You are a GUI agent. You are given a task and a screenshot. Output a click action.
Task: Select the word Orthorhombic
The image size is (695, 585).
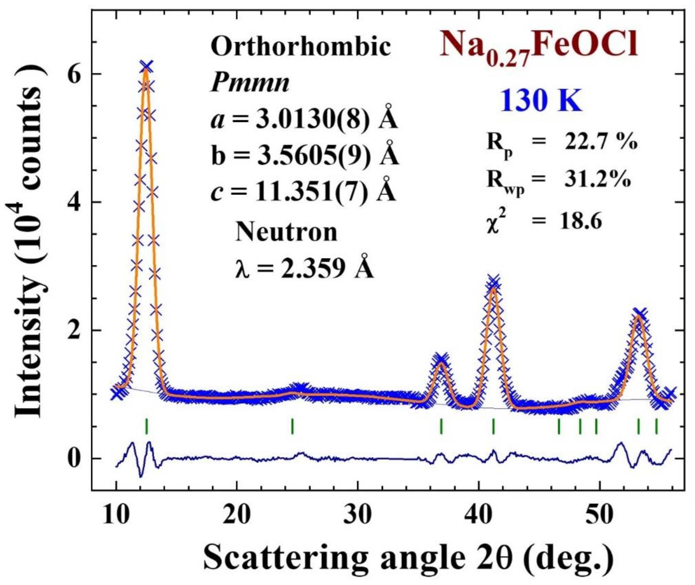[300, 47]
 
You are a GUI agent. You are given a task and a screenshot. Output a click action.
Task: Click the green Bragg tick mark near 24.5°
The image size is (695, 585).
[292, 426]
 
